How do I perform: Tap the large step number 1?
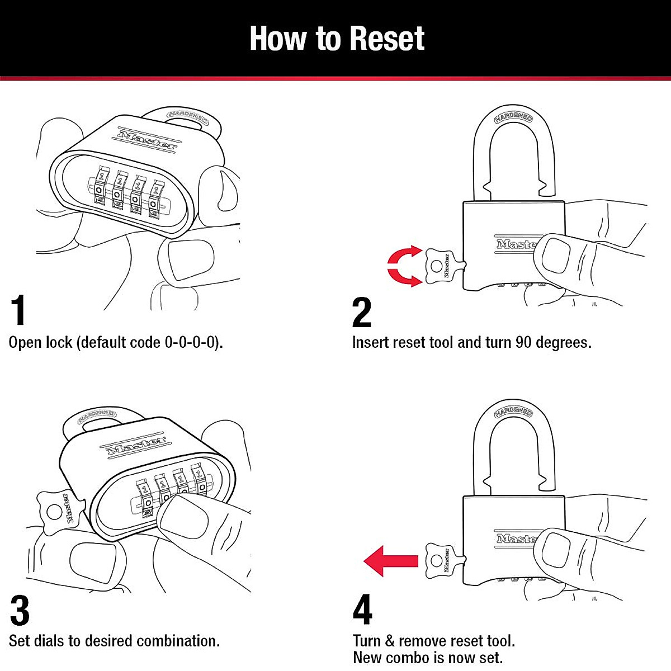tap(18, 311)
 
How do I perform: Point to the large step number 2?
tap(362, 313)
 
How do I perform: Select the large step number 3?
tap(20, 611)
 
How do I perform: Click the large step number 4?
tap(362, 610)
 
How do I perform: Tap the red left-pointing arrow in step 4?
tap(391, 561)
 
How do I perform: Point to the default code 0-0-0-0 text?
tap(191, 342)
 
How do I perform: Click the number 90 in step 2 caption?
tap(523, 342)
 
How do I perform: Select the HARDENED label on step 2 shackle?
tap(513, 117)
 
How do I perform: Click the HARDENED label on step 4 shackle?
tap(513, 413)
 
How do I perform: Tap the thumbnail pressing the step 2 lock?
tap(556, 254)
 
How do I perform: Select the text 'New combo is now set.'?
tap(428, 658)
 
